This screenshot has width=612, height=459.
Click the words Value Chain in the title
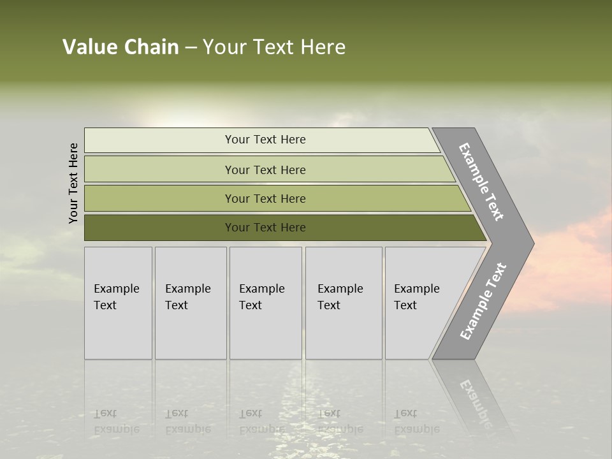coord(120,47)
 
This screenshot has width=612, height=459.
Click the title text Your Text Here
coord(274,47)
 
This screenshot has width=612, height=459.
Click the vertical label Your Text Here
coord(73,183)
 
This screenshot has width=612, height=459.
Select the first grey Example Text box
coord(118,303)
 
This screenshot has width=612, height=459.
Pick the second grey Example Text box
coord(191,303)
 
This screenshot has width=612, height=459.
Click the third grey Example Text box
coord(265,303)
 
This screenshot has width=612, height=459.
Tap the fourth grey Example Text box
coord(344,303)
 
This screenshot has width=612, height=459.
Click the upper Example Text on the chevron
coord(481,182)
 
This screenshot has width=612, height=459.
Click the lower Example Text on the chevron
coord(483,302)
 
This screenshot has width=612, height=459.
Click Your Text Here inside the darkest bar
coord(265,228)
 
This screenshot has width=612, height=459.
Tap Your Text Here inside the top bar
coord(265,140)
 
